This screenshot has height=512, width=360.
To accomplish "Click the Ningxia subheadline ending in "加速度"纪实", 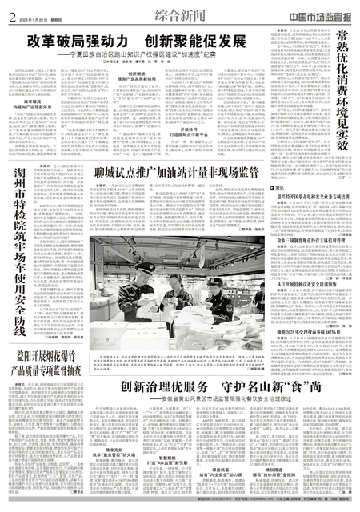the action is click(x=164, y=54).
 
